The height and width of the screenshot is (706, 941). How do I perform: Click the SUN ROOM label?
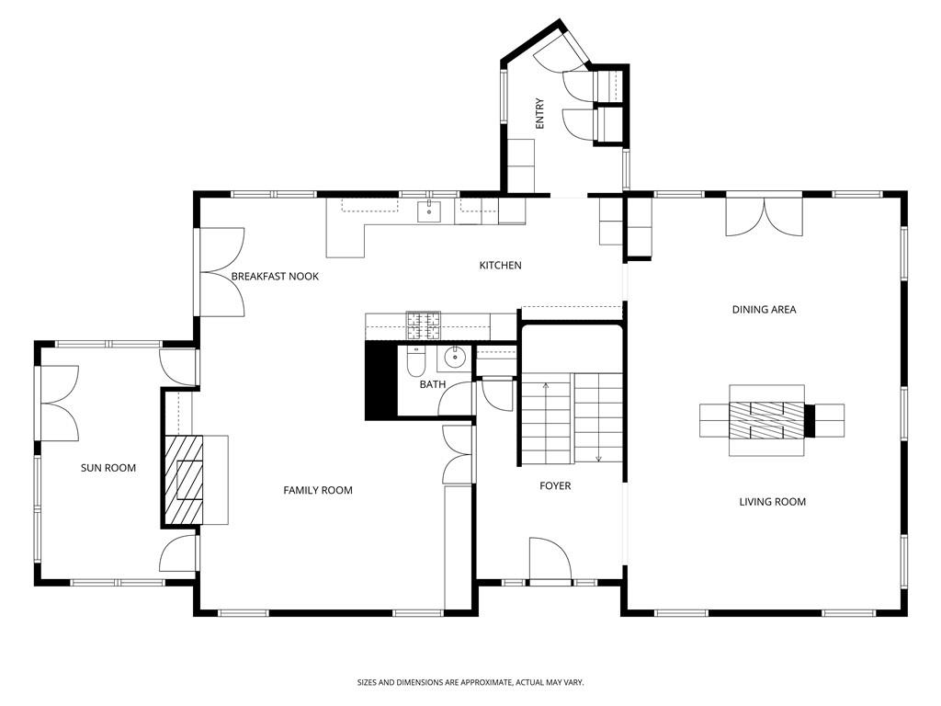click(x=108, y=468)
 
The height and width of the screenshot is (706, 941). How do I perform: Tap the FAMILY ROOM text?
click(x=317, y=490)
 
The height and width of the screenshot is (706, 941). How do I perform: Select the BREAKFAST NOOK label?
click(x=275, y=276)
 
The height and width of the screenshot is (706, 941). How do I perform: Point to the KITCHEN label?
click(x=500, y=266)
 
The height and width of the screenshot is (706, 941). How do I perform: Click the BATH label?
click(x=432, y=384)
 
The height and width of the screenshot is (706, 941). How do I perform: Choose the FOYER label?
click(x=554, y=485)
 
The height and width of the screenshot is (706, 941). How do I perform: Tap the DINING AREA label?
click(x=764, y=310)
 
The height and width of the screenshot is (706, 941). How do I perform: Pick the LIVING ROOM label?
click(x=772, y=502)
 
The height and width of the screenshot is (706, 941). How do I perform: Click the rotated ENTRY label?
click(x=539, y=113)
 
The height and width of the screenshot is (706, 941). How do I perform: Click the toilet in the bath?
click(x=415, y=364)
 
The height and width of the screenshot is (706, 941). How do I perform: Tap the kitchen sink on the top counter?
click(x=430, y=211)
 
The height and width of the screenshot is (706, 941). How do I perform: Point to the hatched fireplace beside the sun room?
click(x=183, y=479)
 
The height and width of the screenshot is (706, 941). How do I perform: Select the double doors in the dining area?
click(x=764, y=217)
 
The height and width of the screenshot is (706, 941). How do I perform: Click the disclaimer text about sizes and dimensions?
click(x=470, y=682)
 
